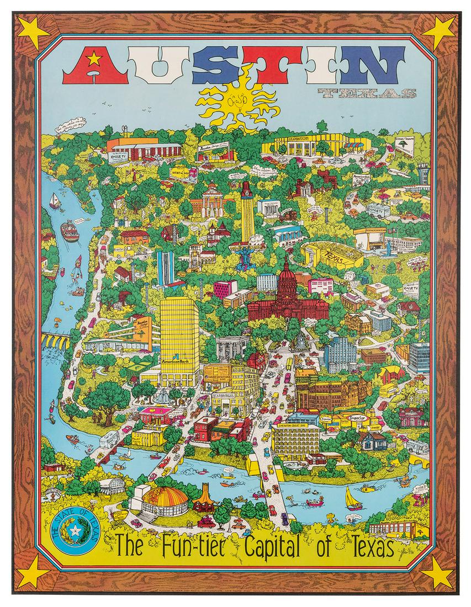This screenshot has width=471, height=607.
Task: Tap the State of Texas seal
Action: (73, 533)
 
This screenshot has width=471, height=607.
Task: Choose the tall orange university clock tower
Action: (247, 212)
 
